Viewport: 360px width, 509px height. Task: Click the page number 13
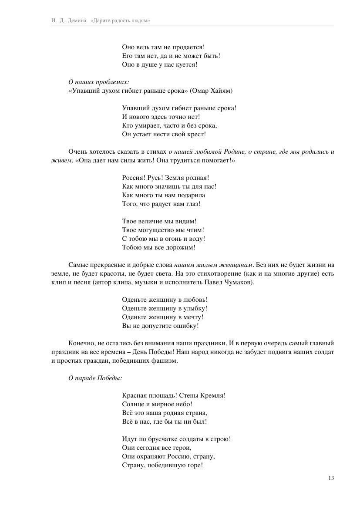click(x=331, y=478)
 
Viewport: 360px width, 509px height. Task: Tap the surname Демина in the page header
click(x=77, y=20)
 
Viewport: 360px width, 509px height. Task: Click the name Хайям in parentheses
click(x=219, y=91)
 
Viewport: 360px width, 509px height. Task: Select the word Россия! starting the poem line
click(x=134, y=178)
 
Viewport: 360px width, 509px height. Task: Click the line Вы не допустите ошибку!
click(x=160, y=326)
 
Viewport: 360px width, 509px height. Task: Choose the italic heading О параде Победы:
click(x=95, y=378)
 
